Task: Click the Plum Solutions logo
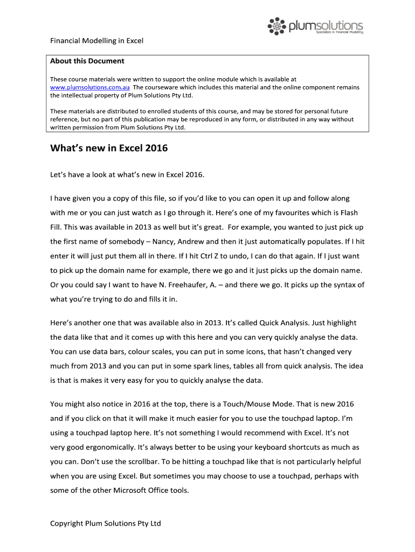coord(315,25)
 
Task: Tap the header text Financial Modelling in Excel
coord(96,41)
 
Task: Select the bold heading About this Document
coord(87,61)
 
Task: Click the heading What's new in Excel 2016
coord(109,148)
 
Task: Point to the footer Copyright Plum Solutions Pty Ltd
coord(106,523)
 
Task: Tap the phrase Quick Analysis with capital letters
coord(286,322)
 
